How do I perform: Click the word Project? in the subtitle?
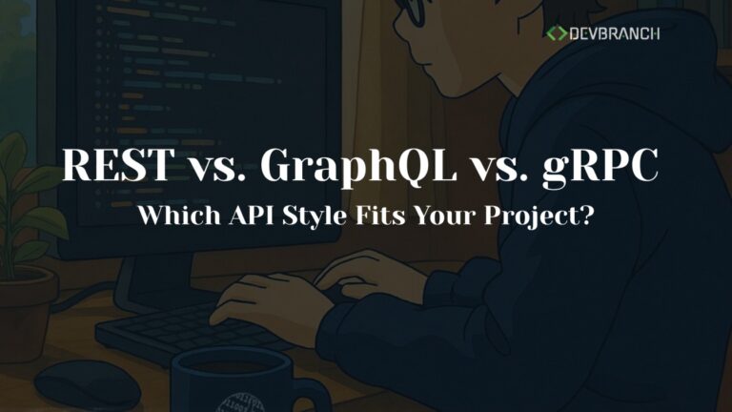coord(539,216)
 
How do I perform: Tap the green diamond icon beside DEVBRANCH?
coord(556,33)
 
